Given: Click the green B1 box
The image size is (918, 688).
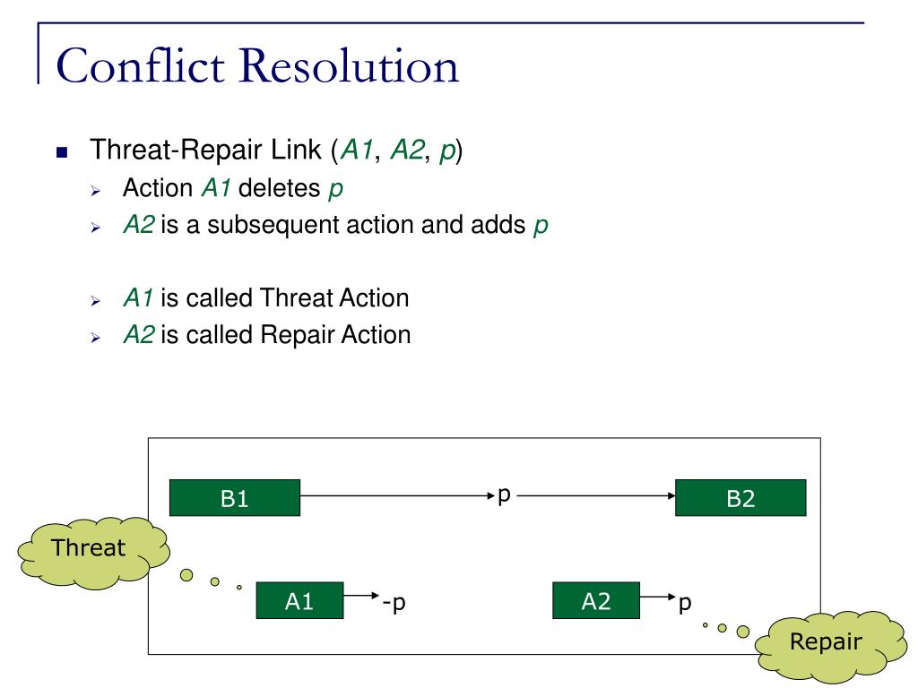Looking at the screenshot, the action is pos(235,498).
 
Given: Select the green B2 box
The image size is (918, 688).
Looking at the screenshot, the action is pos(740,498).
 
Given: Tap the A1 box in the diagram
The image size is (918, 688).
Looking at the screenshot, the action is pos(299,600).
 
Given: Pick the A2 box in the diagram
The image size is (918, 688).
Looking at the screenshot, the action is pos(596,600).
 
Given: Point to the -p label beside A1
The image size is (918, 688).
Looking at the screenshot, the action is pos(394,602).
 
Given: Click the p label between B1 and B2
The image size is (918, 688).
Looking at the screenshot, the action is pos(504,495).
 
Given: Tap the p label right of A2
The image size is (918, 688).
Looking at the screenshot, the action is pos(684,603).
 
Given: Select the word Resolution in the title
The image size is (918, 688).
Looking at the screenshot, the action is pos(349,65).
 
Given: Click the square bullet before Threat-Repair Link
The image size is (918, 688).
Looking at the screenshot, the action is pos(62,153).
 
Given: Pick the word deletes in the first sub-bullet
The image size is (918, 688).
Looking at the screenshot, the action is pos(280,188).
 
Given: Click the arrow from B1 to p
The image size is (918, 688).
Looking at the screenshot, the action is pos(398,495).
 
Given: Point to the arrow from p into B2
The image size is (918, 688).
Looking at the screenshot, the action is pos(596,495).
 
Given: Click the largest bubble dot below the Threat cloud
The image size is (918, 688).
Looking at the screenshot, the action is pos(186,575).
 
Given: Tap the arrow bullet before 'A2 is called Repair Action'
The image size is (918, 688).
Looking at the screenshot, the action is pos(96,338).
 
